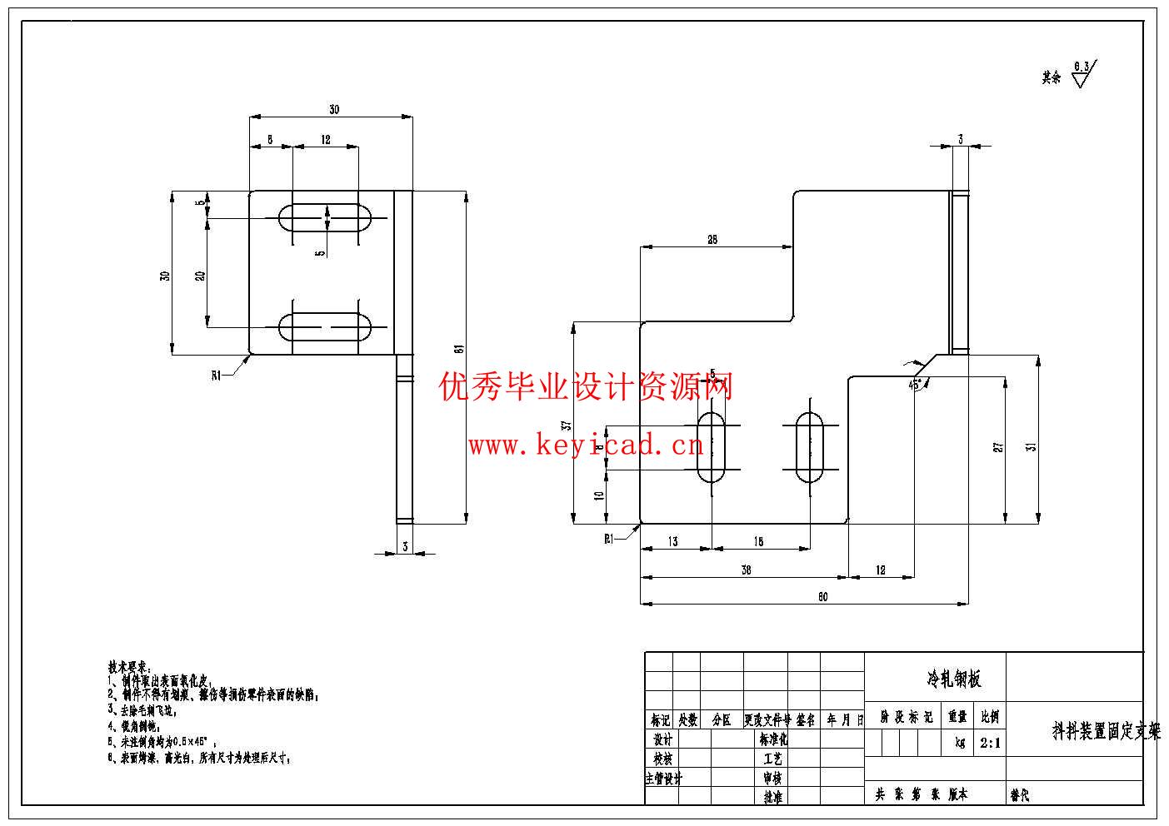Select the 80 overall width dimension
click(x=822, y=596)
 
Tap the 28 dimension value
click(x=712, y=240)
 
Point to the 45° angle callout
click(x=914, y=385)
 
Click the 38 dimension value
click(x=746, y=570)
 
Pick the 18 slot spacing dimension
click(x=758, y=542)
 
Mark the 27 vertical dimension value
click(x=998, y=447)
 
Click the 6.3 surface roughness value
click(x=1082, y=66)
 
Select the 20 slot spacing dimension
click(x=200, y=276)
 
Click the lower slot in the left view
click(x=326, y=326)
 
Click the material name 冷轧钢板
click(x=954, y=679)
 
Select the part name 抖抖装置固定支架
click(x=1106, y=732)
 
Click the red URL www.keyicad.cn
click(x=586, y=446)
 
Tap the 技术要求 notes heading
click(x=128, y=667)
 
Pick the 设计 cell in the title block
click(x=662, y=739)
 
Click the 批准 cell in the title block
click(x=773, y=797)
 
